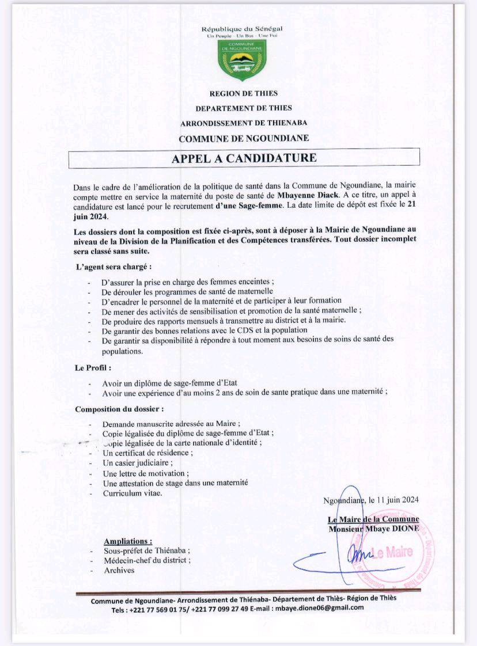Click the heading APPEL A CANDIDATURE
pos(244,158)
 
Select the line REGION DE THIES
pos(243,93)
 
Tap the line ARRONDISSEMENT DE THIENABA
pos(244,123)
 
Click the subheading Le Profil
pos(93,367)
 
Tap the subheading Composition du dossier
pos(119,409)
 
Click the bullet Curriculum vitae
pos(132,493)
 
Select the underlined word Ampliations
pos(128,541)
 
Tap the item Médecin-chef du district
pos(147,560)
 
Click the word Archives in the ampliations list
pos(119,570)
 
